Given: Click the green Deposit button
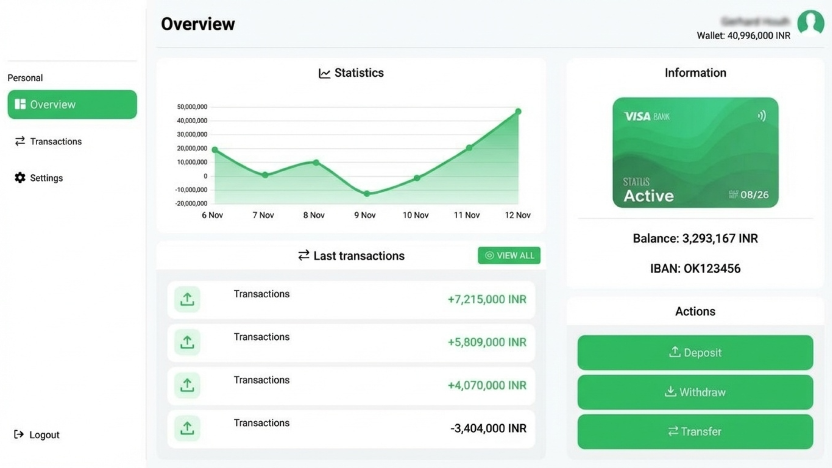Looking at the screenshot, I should point(695,352).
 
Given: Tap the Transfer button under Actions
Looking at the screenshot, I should point(695,432).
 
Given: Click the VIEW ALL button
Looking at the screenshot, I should point(509,256).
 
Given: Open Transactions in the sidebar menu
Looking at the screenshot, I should point(55,141).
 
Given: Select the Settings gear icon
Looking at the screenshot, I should point(20,178).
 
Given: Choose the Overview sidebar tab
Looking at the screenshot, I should point(72,104).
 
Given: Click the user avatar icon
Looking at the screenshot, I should point(810,23).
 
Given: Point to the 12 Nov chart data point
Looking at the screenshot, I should point(518,112).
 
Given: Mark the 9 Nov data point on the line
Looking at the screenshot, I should point(367,194).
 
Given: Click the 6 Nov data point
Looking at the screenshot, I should point(215,149).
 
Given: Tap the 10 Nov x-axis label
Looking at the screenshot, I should point(416,215).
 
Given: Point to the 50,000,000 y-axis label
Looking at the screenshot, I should point(192,107).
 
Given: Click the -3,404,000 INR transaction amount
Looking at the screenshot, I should point(488,428).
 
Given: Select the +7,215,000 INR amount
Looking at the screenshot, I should point(487,299).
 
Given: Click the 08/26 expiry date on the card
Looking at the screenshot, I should point(754,195).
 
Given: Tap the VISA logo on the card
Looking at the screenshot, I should point(637,116).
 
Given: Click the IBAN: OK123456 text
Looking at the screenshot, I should point(695,269).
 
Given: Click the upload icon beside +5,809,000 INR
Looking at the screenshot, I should point(187,342).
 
